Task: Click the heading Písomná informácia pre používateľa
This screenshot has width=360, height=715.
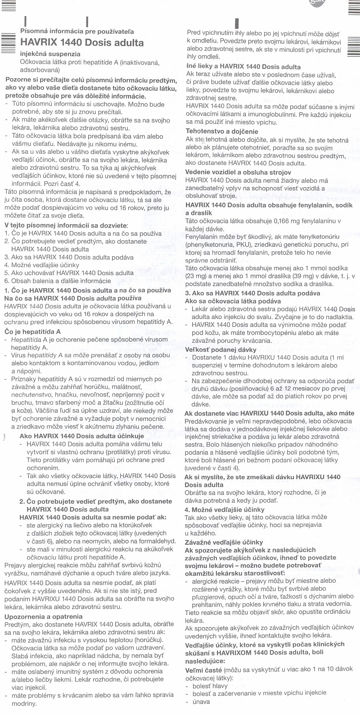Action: click(x=77, y=32)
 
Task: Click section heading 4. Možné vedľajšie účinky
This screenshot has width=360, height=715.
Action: click(x=225, y=509)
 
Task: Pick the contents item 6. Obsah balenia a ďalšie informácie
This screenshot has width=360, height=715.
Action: click(x=57, y=281)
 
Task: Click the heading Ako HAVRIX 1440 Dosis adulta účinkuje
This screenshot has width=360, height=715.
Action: click(x=82, y=436)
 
